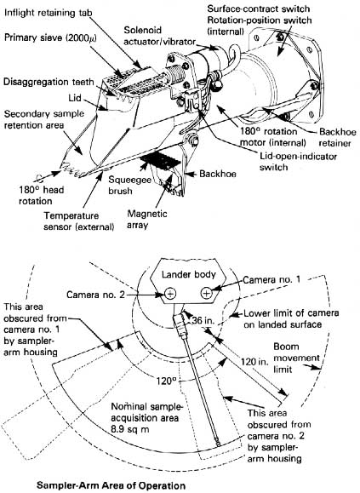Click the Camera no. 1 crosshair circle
(206, 294)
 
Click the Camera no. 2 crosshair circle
(170, 294)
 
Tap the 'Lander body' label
(189, 274)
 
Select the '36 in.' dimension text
(203, 320)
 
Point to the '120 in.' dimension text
(254, 362)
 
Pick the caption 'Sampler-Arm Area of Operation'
(111, 485)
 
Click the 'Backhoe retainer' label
(337, 137)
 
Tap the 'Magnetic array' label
(147, 219)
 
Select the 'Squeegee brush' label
(129, 185)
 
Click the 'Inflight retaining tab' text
(49, 13)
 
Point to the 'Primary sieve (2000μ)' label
(50, 37)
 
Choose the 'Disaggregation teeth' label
(49, 82)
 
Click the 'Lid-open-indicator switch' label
(298, 161)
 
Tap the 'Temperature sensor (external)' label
(79, 221)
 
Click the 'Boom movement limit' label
(296, 358)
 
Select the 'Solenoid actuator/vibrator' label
(160, 36)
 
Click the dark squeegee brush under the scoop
(161, 161)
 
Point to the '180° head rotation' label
(41, 195)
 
